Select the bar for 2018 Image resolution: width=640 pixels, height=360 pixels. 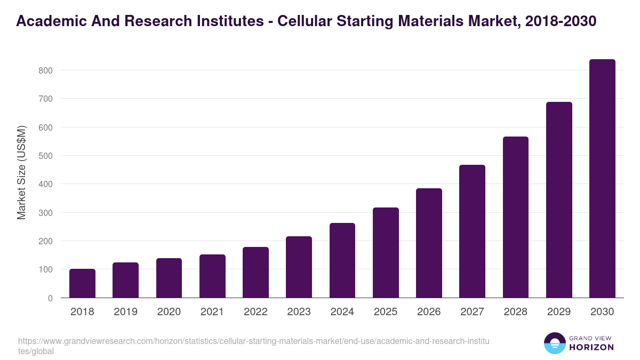pyautogui.click(x=82, y=283)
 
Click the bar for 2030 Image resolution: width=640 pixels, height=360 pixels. pyautogui.click(x=602, y=179)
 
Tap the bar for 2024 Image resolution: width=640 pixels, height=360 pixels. pyautogui.click(x=342, y=260)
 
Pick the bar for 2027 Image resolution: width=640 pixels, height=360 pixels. pyautogui.click(x=472, y=231)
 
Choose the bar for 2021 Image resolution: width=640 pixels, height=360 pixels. pyautogui.click(x=212, y=276)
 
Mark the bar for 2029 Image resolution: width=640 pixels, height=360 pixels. pyautogui.click(x=559, y=200)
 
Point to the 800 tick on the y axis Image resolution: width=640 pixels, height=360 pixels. pyautogui.click(x=45, y=70)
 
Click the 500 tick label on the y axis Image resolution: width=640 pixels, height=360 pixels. pyautogui.click(x=45, y=156)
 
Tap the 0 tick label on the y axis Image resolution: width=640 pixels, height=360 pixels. pyautogui.click(x=50, y=298)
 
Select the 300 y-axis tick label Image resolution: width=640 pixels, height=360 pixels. pyautogui.click(x=45, y=213)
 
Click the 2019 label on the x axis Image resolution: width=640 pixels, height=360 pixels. pyautogui.click(x=125, y=312)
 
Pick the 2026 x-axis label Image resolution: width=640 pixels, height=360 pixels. pyautogui.click(x=429, y=312)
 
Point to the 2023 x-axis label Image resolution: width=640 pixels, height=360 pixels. pyautogui.click(x=299, y=312)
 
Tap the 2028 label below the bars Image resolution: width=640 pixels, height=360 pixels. pyautogui.click(x=516, y=312)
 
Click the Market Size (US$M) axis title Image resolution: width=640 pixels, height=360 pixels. pyautogui.click(x=21, y=172)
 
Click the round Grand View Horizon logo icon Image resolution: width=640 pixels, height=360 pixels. pyautogui.click(x=554, y=343)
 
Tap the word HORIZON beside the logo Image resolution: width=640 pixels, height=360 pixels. pyautogui.click(x=591, y=347)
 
